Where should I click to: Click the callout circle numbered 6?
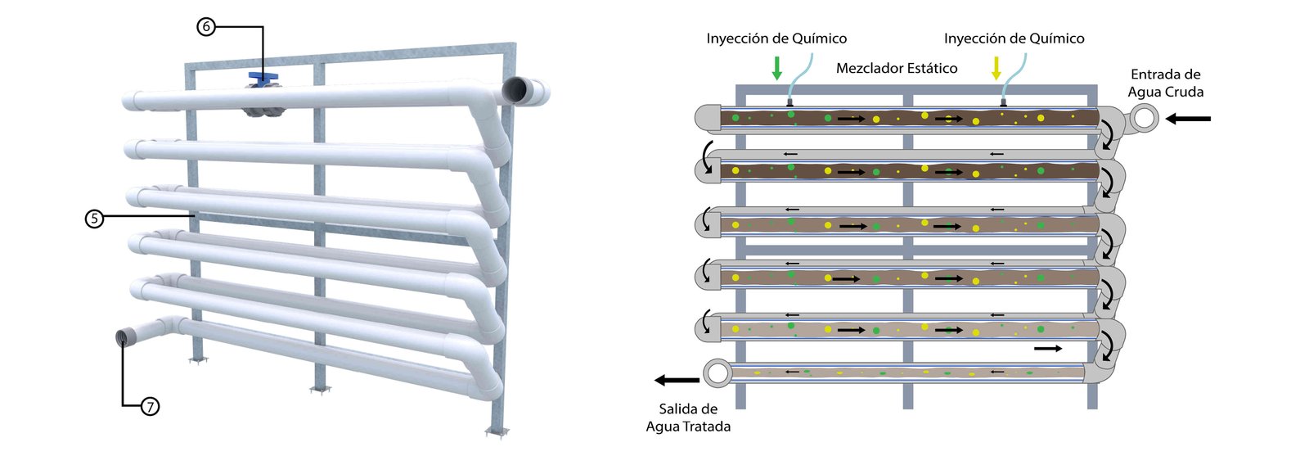206,27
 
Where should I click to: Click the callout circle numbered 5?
95,218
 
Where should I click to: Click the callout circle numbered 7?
150,406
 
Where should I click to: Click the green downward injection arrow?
777,68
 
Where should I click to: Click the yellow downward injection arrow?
996,68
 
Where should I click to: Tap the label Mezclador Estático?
897,69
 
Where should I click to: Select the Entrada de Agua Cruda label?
1166,84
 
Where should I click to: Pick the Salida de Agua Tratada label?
688,418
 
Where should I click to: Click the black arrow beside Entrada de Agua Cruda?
1188,119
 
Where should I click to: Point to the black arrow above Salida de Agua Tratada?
677,380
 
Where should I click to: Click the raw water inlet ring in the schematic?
1145,118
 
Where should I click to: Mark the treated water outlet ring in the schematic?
717,373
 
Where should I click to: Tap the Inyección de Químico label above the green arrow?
776,38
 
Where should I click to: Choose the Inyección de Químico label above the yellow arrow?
1014,38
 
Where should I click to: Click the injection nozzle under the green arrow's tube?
789,103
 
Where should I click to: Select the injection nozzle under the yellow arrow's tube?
1003,103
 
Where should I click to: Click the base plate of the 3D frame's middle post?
321,390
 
